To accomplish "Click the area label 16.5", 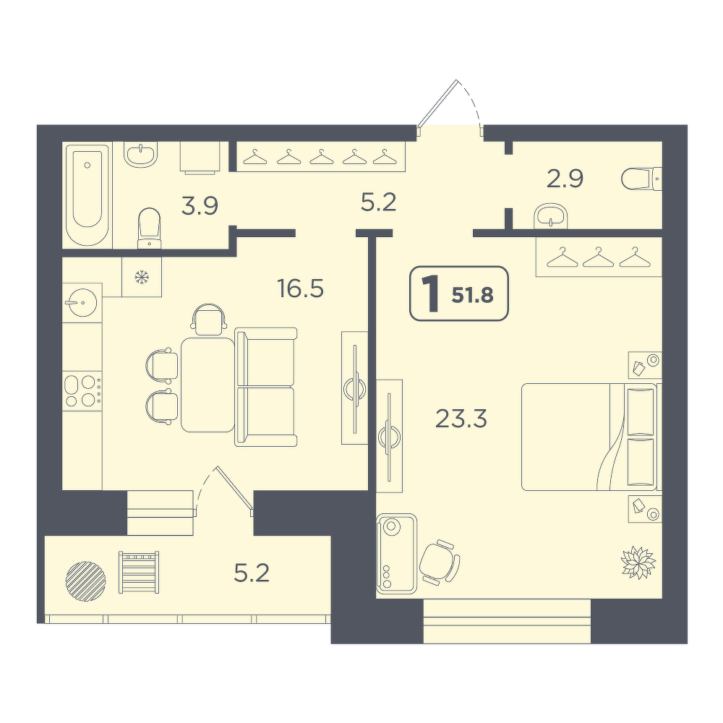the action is point(301,288).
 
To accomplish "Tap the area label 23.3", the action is point(461,419).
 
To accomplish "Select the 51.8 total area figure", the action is point(473,295).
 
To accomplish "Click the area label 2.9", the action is point(565,179).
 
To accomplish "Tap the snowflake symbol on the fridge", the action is point(142,277).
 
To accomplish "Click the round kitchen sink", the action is point(82,302).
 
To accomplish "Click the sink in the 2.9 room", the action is point(550,215).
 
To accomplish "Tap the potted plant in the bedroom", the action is point(638,562).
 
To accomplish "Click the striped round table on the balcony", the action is point(86,581).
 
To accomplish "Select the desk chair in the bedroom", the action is point(440,562).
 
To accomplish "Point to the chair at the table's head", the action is point(210,319).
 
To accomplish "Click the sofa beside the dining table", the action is point(265,387).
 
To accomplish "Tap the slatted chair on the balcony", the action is point(139,572).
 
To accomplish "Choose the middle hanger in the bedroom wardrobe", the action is point(598,257).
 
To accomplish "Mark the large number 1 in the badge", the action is point(432,294).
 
